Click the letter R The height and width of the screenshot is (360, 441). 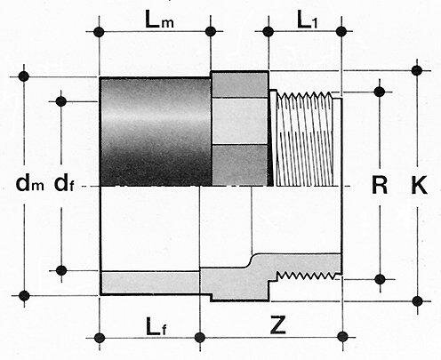click(x=380, y=186)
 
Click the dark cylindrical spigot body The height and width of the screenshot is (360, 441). click(x=153, y=132)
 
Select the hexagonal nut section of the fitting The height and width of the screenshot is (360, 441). click(x=239, y=128)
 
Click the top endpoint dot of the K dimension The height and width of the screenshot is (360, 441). click(x=416, y=69)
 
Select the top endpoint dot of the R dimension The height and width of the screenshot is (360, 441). click(x=380, y=89)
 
